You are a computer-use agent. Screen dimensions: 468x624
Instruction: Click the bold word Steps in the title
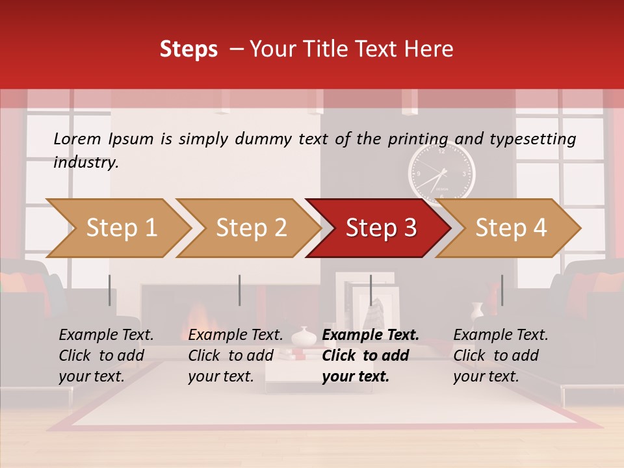[188, 49]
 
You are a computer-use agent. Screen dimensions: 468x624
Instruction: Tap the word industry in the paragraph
[85, 162]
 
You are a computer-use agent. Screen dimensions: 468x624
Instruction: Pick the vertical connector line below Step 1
[109, 290]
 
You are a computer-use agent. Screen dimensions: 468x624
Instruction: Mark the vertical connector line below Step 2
[239, 290]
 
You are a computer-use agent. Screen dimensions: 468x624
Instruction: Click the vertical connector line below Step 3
[370, 290]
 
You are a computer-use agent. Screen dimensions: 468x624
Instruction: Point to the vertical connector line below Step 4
[500, 290]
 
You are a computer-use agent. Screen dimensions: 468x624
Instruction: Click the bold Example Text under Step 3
[370, 335]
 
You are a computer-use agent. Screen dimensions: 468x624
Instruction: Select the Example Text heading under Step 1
[106, 335]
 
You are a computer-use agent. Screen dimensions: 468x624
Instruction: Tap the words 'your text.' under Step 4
[486, 376]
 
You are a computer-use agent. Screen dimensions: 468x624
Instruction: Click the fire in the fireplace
[193, 320]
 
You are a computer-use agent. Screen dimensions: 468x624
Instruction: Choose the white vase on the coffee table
[303, 337]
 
